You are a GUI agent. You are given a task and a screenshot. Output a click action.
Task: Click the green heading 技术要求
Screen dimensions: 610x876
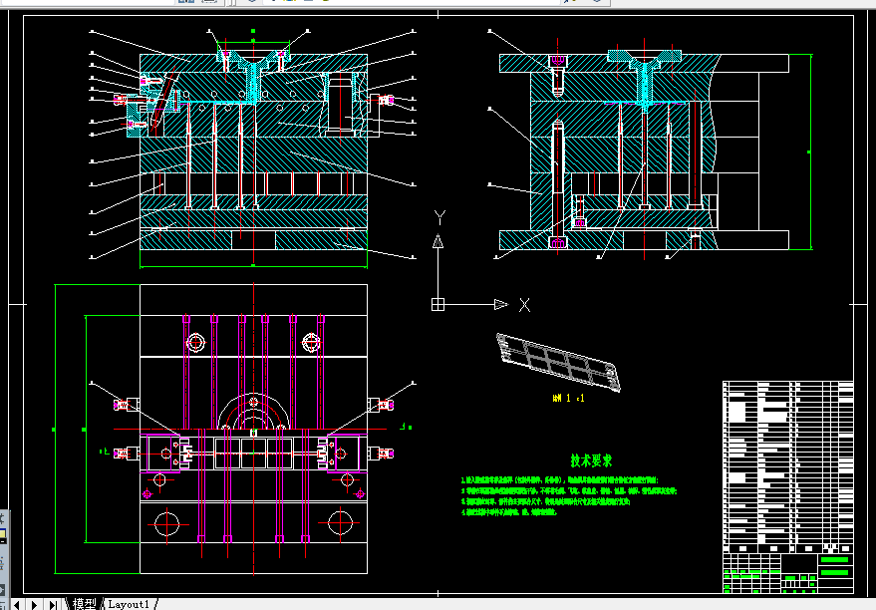(591, 460)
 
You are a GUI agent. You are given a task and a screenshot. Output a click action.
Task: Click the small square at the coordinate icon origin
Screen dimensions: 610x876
(438, 304)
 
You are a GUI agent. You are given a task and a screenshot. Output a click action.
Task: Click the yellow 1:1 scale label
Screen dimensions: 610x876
(568, 398)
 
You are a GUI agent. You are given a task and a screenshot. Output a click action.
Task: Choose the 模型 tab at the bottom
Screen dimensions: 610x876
(86, 604)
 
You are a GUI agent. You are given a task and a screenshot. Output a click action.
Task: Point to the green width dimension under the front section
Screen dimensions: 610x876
(254, 266)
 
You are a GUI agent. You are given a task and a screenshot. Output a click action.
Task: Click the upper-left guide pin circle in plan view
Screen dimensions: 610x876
(195, 343)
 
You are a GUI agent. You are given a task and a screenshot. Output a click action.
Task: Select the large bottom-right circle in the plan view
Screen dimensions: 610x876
(341, 520)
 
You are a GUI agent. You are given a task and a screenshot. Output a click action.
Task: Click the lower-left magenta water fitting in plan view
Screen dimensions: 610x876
(124, 454)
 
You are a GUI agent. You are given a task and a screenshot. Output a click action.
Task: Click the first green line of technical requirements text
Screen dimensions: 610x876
(568, 480)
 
